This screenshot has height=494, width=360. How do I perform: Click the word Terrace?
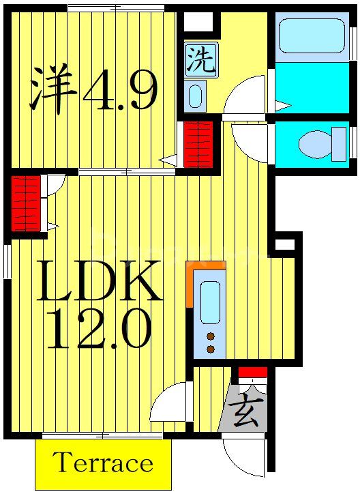(103, 463)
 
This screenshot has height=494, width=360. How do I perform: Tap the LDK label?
(99, 281)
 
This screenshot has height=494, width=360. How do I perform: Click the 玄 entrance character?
(245, 413)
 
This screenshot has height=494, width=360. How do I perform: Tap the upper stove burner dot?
(211, 336)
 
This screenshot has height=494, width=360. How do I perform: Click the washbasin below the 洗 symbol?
(196, 96)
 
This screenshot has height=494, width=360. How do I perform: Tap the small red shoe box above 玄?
(252, 373)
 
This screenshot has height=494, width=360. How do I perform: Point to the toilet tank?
(338, 143)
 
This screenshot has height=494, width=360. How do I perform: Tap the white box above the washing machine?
(198, 23)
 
